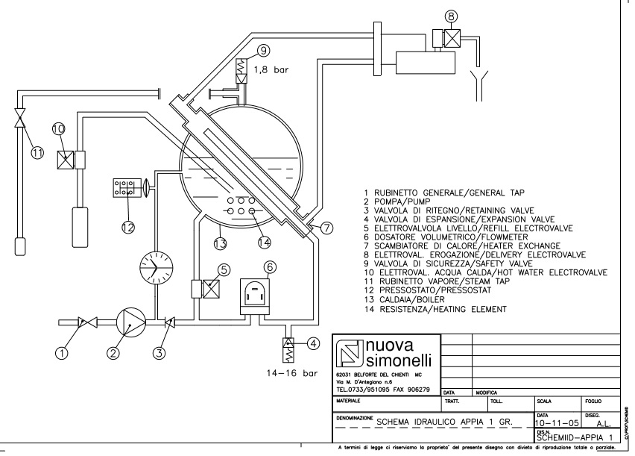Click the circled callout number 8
point(451,16)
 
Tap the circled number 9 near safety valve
point(264,51)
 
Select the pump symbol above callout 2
point(131,322)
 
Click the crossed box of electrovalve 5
point(211,289)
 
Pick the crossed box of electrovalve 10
point(65,160)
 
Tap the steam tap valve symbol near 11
point(20,118)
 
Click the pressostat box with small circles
point(127,188)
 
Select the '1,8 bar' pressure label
point(271,69)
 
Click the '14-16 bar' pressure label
point(292,373)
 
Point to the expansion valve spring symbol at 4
point(288,350)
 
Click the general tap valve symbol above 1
point(88,322)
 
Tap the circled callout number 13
point(221,243)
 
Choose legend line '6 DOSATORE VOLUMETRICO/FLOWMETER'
point(446,237)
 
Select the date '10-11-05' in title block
point(557,423)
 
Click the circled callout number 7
point(326,228)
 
